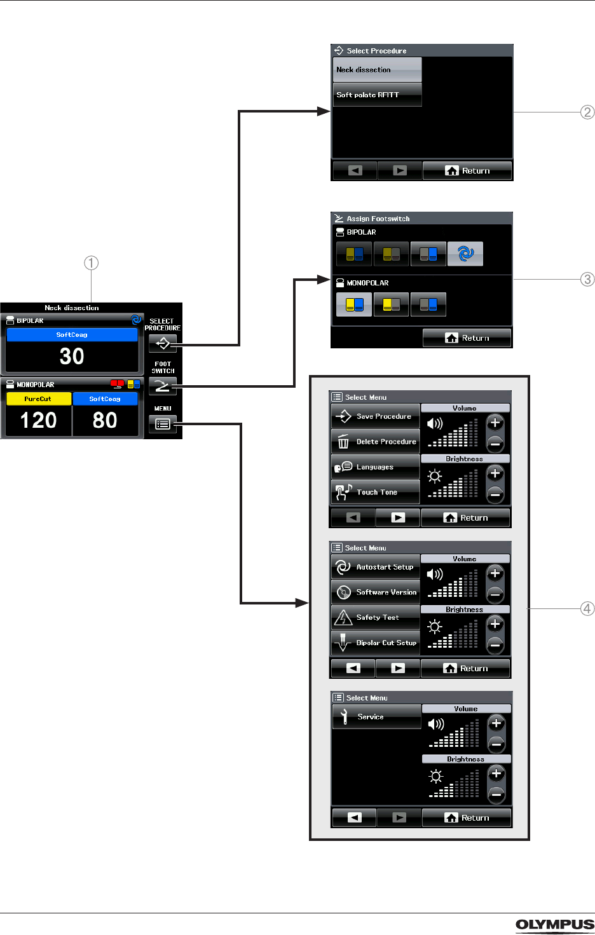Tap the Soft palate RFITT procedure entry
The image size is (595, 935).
[x=377, y=95]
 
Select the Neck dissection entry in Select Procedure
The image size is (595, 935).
[x=377, y=69]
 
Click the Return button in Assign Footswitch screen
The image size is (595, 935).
[x=467, y=338]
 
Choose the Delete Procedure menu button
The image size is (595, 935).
[x=376, y=442]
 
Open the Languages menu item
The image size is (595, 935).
[x=376, y=467]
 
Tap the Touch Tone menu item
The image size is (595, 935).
[x=376, y=492]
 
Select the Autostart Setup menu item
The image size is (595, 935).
[x=376, y=567]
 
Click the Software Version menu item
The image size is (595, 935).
[x=376, y=592]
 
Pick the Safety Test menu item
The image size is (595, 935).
[x=376, y=617]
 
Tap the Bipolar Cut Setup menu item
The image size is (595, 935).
[x=376, y=643]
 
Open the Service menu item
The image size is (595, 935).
[x=377, y=717]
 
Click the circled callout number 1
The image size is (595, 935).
[x=92, y=263]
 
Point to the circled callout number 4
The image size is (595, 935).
[x=587, y=609]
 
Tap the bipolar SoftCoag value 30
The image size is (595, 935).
[x=72, y=357]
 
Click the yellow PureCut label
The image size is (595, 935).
[x=38, y=399]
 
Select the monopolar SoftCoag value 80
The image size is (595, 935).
[x=105, y=421]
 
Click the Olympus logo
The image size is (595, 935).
[x=555, y=925]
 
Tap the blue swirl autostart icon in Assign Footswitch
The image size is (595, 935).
[x=465, y=254]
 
